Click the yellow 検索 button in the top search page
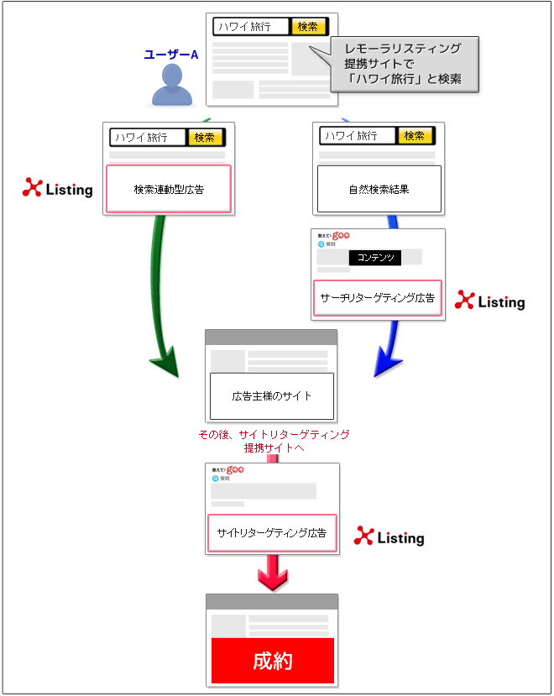[307, 26]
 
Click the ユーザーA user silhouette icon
[171, 85]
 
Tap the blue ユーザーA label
[170, 55]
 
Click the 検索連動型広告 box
[168, 189]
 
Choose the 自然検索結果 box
[379, 189]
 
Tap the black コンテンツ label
[375, 257]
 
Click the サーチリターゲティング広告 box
[378, 297]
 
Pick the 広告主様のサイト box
[271, 395]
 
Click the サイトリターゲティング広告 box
[271, 532]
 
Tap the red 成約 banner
[272, 661]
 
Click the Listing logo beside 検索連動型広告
[57, 189]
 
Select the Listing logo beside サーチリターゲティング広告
[489, 301]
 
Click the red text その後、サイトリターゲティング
[273, 435]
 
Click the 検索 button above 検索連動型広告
[205, 137]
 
